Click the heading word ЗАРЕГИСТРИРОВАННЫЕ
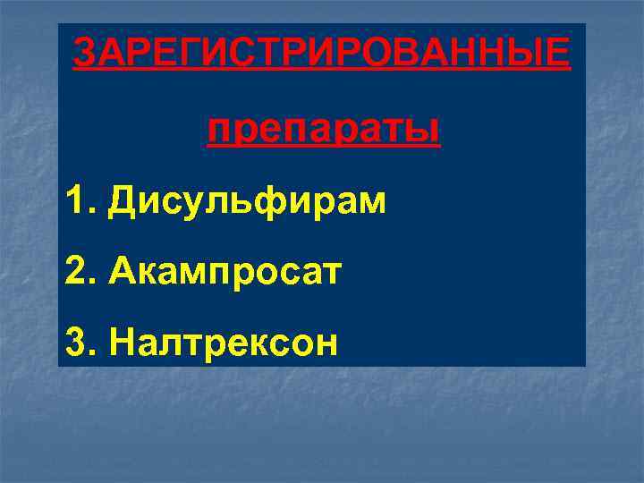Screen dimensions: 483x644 tap(320, 54)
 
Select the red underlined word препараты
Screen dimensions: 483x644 tap(323, 132)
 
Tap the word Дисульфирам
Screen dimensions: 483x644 tap(247, 201)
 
